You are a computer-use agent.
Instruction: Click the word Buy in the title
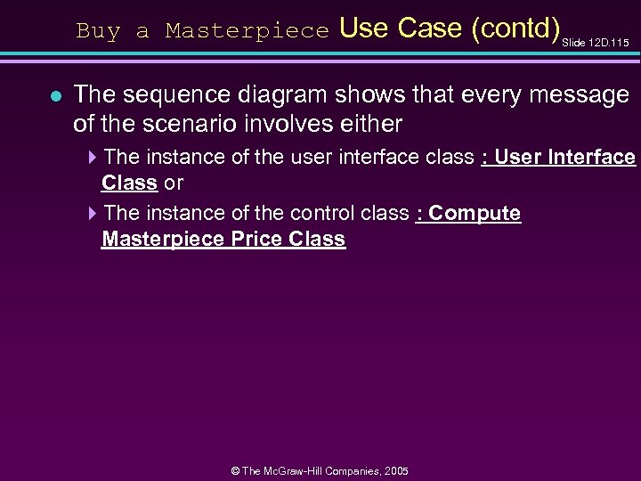coord(97,31)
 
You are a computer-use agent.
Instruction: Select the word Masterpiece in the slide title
coord(247,31)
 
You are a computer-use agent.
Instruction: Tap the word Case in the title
coord(429,29)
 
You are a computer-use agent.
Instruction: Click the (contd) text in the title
coord(515,29)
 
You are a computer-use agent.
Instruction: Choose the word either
coord(371,123)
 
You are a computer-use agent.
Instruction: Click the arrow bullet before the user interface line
coord(93,158)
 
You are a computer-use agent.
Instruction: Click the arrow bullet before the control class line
coord(93,214)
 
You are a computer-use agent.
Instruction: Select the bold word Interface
coord(592,158)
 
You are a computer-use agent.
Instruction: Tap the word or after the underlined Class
coord(174,183)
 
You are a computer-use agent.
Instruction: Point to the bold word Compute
coord(475,214)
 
